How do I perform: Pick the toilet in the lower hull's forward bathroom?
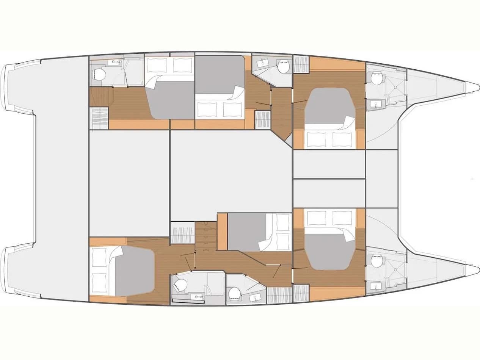click(376, 261)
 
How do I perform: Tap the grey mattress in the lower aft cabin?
click(135, 270)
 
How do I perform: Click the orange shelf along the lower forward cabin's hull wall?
click(337, 292)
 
